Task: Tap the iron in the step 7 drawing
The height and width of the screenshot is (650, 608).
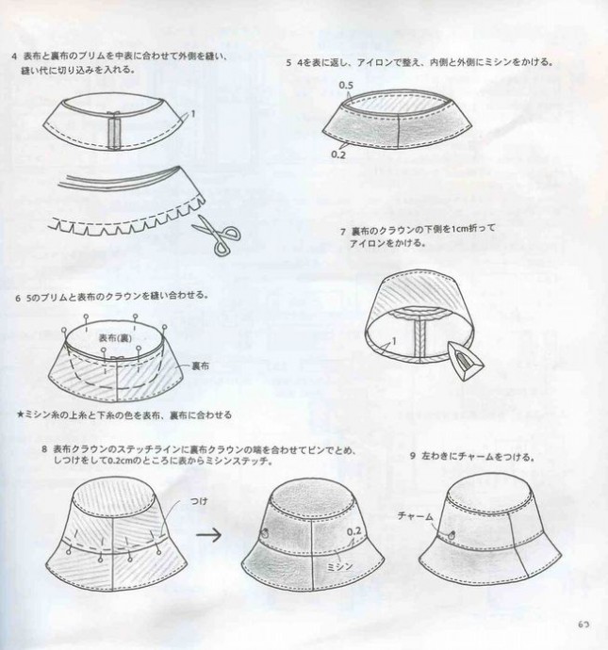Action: pyautogui.click(x=466, y=359)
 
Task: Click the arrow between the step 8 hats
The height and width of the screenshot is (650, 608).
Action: pyautogui.click(x=208, y=535)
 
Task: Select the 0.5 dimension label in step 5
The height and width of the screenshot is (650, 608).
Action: pyautogui.click(x=346, y=86)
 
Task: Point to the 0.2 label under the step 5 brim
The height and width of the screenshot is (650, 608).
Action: pyautogui.click(x=338, y=154)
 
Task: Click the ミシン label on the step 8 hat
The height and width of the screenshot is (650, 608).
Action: pyautogui.click(x=339, y=566)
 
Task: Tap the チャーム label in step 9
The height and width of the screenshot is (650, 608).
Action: pyautogui.click(x=415, y=516)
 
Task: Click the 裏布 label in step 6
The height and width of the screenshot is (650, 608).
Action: pyautogui.click(x=201, y=366)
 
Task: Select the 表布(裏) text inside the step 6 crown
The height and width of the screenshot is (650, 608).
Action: pyautogui.click(x=115, y=338)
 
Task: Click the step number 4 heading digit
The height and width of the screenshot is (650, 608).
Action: pyautogui.click(x=15, y=56)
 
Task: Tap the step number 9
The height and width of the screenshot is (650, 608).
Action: pyautogui.click(x=413, y=456)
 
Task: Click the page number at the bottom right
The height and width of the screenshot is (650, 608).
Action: pyautogui.click(x=583, y=625)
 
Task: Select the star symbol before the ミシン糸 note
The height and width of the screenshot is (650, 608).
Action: pyautogui.click(x=20, y=414)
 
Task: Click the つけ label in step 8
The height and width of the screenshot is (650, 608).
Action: pyautogui.click(x=199, y=501)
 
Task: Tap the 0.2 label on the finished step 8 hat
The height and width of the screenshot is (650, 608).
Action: pyautogui.click(x=353, y=531)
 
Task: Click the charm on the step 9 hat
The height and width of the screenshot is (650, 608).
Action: pyautogui.click(x=452, y=535)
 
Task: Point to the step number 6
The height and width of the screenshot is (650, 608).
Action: pyautogui.click(x=18, y=298)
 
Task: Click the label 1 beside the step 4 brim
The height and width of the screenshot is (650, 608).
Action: pyautogui.click(x=193, y=113)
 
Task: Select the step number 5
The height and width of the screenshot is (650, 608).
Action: pyautogui.click(x=288, y=62)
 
